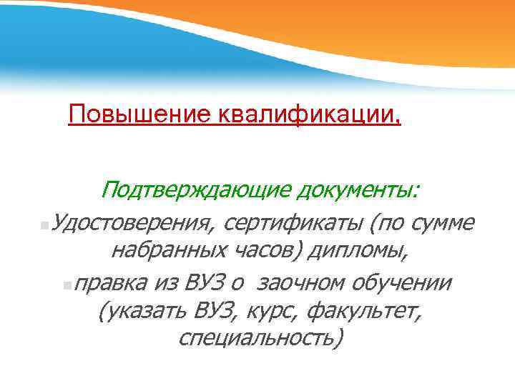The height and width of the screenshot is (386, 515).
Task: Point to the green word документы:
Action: (358, 190)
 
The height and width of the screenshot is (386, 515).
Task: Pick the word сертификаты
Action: (293, 223)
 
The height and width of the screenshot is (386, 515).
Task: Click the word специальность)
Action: (261, 337)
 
